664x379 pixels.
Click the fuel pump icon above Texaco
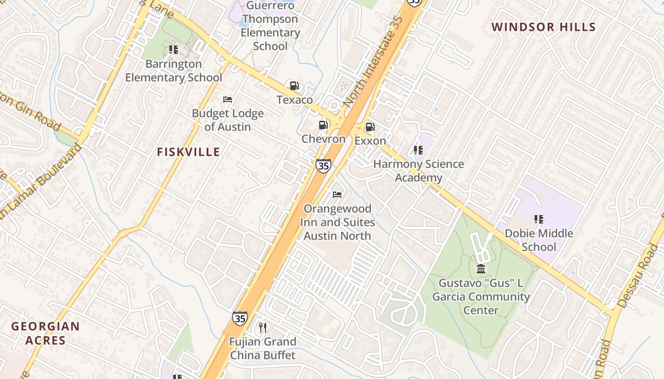tap(294, 86)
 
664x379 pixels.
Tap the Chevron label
tap(323, 139)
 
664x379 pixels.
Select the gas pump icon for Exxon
tap(370, 127)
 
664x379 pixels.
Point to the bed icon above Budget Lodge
tap(228, 99)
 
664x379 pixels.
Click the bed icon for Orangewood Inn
tap(337, 194)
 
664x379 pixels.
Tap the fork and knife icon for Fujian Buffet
tap(263, 327)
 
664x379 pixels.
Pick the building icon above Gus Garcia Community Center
tap(481, 269)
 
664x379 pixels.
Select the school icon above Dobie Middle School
tap(538, 219)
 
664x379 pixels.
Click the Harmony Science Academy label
tap(418, 171)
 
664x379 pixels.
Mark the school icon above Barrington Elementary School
tap(174, 50)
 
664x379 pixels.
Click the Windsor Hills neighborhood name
tap(543, 27)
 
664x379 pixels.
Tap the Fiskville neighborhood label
tap(188, 152)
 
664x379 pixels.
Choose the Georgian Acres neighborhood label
tap(46, 333)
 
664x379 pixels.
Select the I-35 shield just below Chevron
tap(323, 166)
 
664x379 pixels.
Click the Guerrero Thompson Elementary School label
tap(270, 26)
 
